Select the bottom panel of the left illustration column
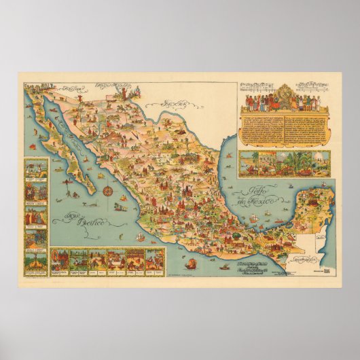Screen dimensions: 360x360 click(x=35, y=261)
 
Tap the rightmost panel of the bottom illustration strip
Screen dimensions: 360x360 click(x=156, y=258)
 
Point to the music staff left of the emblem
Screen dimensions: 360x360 click(x=255, y=88)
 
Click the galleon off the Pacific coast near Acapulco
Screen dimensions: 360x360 click(x=139, y=236)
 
